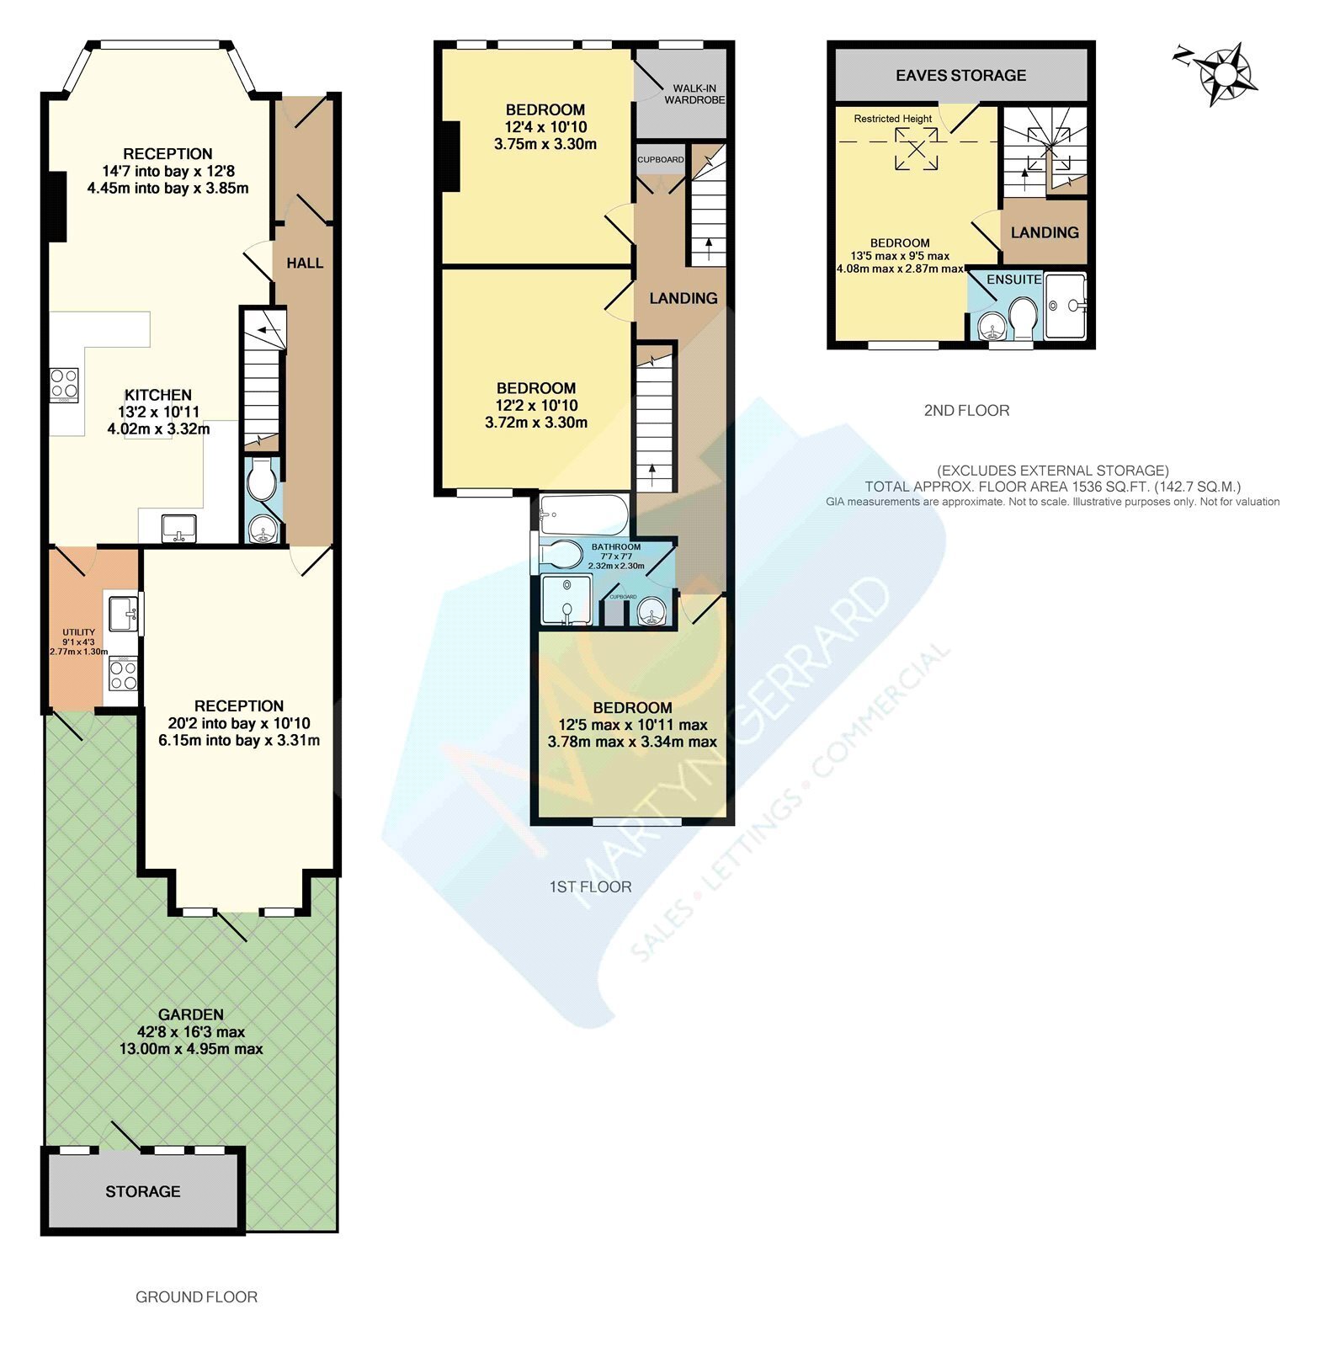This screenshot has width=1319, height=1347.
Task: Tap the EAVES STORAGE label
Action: tap(960, 75)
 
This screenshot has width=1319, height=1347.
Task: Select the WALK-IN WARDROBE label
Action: tap(694, 93)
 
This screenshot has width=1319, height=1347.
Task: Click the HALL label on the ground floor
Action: tap(305, 263)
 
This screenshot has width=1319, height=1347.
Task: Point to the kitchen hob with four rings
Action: tap(64, 384)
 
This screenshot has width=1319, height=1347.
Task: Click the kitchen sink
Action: tap(178, 527)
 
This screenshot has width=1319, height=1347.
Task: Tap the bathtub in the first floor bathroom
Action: tap(583, 514)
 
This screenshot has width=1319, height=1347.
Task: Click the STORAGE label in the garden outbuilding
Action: tap(143, 1191)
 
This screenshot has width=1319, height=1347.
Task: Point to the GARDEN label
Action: tap(191, 1014)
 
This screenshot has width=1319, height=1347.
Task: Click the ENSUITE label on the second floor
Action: tap(1014, 279)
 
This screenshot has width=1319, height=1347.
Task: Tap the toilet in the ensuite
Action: tap(1024, 317)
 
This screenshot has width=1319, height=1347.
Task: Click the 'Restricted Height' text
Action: tap(893, 119)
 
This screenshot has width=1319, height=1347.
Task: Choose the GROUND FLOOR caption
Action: tap(197, 1297)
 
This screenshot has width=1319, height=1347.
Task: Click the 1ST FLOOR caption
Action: tap(590, 886)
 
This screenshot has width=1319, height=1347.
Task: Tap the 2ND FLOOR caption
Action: tap(966, 411)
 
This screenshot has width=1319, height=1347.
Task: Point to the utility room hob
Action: tap(123, 675)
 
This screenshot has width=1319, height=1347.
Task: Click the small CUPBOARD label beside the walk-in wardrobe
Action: tap(661, 160)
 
